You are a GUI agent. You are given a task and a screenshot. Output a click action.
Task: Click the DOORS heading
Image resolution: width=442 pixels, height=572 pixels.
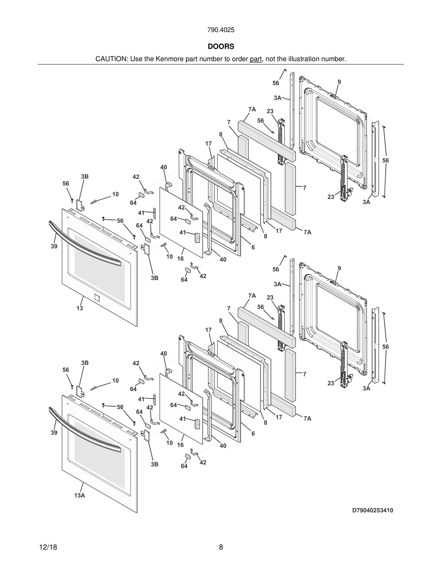point(221,46)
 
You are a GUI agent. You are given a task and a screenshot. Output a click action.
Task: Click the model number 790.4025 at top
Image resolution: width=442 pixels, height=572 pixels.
point(221,30)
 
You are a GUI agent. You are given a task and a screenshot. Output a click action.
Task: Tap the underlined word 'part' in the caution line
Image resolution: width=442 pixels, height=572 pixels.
point(256,59)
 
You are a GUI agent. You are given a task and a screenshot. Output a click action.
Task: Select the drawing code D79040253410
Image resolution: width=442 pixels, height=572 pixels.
point(372,510)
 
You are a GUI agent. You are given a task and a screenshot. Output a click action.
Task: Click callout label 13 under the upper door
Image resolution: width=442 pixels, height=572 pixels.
point(80,308)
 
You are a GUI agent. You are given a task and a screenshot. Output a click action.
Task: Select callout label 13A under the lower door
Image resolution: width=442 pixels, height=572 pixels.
point(80,495)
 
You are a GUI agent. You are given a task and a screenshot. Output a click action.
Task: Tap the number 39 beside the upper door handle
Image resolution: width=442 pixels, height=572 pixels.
point(54,246)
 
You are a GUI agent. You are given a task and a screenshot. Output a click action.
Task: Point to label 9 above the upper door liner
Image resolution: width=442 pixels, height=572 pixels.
point(339,82)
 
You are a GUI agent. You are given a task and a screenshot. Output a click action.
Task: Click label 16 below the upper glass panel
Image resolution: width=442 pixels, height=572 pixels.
point(180,259)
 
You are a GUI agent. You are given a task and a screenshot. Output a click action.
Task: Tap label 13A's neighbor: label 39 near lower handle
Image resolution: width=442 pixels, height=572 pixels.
point(54,432)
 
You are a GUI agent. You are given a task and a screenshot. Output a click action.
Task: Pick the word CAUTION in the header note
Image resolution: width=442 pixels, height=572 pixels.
point(111,59)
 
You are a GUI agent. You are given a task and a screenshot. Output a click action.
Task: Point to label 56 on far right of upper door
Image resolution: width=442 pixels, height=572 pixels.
point(385,160)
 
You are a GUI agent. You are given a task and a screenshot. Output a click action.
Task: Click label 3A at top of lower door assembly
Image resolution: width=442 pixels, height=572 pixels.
point(277,284)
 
